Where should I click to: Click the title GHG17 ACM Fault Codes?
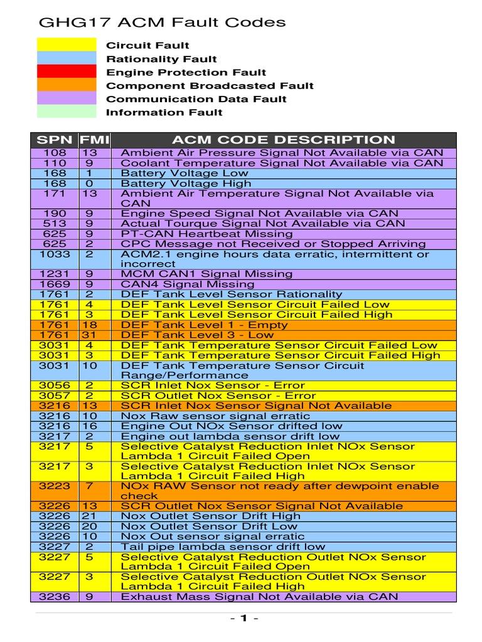tap(162, 23)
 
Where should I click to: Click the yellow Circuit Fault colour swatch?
tap(67, 45)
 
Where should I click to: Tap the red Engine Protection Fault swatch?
tap(67, 72)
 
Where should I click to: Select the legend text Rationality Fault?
tap(161, 59)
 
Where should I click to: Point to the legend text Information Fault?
tap(164, 112)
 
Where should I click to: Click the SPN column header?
tap(54, 140)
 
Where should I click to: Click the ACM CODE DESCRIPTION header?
tap(283, 140)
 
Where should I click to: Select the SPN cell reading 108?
tap(54, 153)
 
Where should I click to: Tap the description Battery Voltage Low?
tap(185, 173)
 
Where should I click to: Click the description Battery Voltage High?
tap(186, 184)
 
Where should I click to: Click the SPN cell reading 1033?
tap(54, 254)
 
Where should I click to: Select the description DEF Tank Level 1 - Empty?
tap(203, 325)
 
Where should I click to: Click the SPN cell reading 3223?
tap(54, 486)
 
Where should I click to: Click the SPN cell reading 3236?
tap(54, 597)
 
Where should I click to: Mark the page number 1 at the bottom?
tap(241, 619)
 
